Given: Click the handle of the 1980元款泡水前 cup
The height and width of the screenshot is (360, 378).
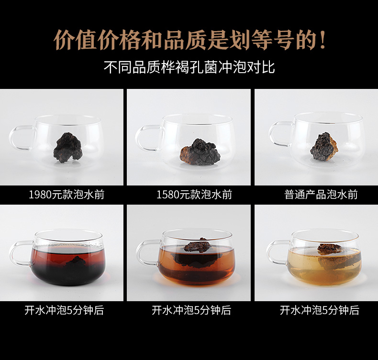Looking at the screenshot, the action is [x=19, y=138].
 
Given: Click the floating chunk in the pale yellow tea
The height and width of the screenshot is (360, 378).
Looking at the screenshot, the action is [x=330, y=249].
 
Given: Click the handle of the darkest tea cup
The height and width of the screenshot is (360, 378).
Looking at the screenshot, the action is [x=19, y=253].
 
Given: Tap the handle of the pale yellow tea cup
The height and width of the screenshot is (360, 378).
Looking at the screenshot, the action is [x=277, y=252].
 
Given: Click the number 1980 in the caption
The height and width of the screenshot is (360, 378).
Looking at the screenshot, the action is [x=40, y=195].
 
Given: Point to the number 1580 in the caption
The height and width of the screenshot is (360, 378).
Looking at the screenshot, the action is [x=168, y=195].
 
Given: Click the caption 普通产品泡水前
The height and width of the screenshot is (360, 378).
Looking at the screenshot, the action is [x=321, y=195].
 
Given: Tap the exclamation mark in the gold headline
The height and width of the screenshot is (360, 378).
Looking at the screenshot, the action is [x=323, y=40].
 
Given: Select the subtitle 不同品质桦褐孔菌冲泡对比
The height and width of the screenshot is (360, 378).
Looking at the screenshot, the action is [x=189, y=67].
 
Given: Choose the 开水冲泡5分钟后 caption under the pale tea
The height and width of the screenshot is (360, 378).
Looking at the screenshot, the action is [x=320, y=310].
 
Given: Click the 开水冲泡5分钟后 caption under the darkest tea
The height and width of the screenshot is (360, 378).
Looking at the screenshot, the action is [x=64, y=310].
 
